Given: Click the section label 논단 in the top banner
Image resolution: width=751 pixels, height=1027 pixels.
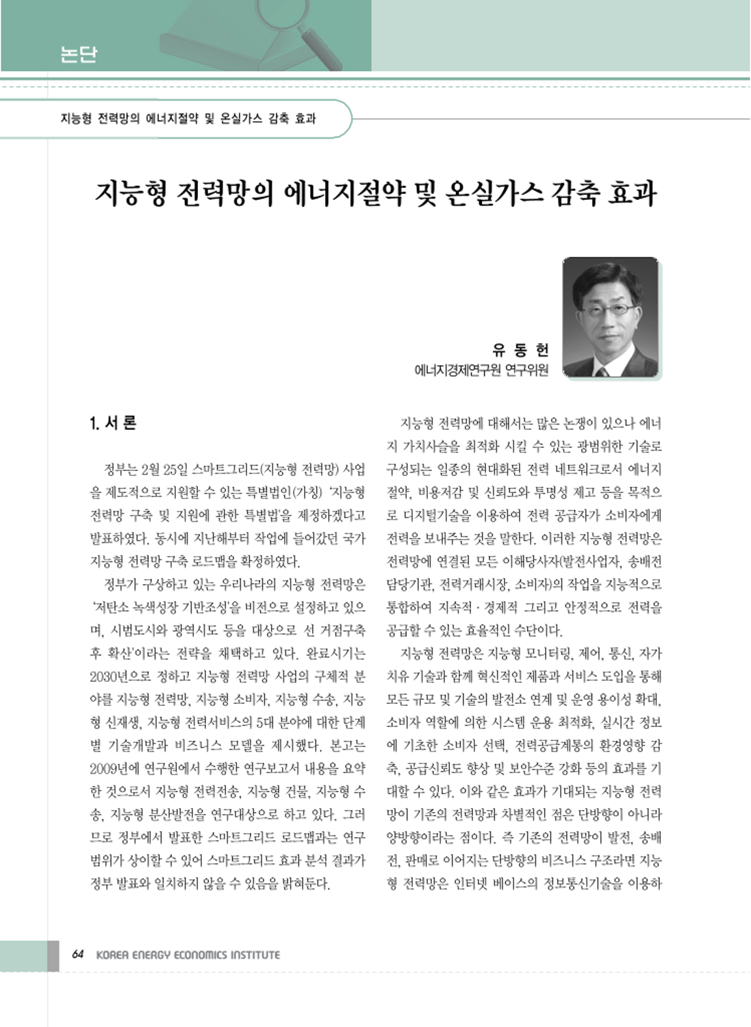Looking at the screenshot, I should pos(78,53).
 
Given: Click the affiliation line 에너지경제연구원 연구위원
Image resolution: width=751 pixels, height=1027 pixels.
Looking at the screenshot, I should pos(481,370).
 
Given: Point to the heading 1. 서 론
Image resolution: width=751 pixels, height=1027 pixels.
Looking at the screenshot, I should pos(113,423).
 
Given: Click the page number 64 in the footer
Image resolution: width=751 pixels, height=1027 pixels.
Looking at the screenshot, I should pos(78,954).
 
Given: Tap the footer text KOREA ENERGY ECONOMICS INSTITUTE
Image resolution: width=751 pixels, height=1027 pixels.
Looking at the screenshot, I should pos(188,954).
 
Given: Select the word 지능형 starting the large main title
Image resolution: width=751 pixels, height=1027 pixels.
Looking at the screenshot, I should pos(131,194).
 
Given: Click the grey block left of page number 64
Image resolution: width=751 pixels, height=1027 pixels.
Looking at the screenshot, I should pos(53,955).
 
